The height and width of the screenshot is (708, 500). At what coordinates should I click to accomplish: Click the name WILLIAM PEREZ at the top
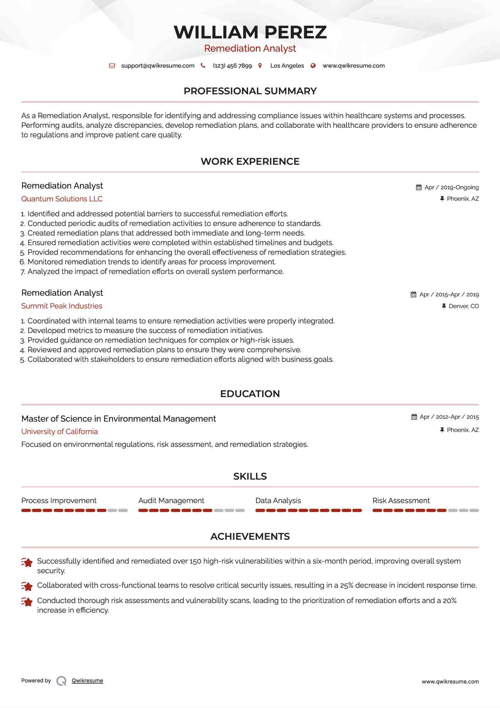[x=250, y=32]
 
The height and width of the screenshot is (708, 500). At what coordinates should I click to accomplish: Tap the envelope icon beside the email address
[x=112, y=66]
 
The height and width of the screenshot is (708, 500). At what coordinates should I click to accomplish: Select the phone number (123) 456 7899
[x=232, y=66]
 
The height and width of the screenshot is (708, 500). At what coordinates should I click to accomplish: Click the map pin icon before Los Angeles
[x=260, y=66]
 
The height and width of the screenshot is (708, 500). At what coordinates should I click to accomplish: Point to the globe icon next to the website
[x=313, y=66]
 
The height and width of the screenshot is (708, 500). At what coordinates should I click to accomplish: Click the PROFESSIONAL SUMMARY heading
[x=250, y=91]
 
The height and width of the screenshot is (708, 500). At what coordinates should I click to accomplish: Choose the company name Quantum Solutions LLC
[x=62, y=199]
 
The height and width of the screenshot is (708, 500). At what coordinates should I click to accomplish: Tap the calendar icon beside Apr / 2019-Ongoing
[x=419, y=187]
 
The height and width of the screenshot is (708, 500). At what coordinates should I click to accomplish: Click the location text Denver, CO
[x=463, y=306]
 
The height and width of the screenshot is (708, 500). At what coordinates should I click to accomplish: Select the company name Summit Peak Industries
[x=62, y=306]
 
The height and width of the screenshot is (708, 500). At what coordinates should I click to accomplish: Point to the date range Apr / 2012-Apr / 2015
[x=449, y=417]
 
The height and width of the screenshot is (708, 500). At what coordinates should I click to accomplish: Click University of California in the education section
[x=59, y=432]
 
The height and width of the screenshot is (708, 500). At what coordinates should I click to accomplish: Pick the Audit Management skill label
[x=171, y=501]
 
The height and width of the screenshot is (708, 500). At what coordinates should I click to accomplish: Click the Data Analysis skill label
[x=278, y=501]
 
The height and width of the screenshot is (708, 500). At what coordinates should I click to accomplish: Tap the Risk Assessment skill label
[x=401, y=501]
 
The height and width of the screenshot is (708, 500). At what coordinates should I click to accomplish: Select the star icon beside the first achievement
[x=27, y=562]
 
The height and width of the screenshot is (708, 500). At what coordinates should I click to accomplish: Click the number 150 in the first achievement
[x=195, y=561]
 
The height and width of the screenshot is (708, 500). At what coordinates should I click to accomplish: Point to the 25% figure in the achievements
[x=346, y=586]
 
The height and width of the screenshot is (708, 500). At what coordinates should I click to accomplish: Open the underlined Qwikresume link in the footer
[x=87, y=681]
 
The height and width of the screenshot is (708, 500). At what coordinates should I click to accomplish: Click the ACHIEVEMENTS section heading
[x=250, y=537]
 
